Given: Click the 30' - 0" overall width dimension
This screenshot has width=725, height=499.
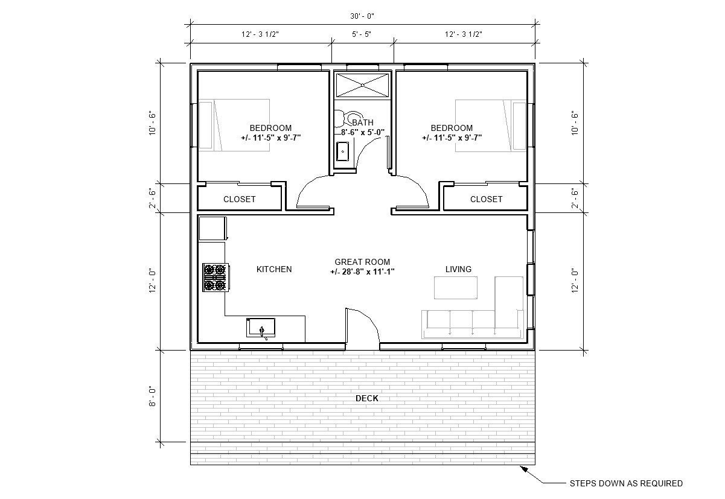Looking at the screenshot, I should (x=362, y=16).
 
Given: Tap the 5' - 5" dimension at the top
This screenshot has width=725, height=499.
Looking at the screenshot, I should (x=362, y=34).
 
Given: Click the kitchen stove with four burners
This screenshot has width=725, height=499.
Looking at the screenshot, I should (x=214, y=277).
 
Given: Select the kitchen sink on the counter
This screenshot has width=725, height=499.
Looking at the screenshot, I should (x=261, y=327).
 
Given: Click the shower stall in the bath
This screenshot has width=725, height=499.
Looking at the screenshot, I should (x=363, y=84).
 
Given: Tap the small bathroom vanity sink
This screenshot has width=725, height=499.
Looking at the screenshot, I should (x=342, y=151).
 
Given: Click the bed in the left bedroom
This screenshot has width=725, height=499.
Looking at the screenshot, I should (x=234, y=124).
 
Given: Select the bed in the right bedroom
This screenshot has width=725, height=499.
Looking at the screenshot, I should (x=490, y=124).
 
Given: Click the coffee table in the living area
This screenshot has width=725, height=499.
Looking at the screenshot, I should (x=456, y=287).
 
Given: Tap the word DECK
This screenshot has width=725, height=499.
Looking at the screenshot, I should (x=366, y=398).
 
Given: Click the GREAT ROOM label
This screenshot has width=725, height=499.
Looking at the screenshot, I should (x=362, y=262).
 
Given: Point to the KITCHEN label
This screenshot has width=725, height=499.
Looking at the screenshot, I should (x=274, y=269).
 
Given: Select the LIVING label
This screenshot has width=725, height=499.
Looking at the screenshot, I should (x=458, y=269).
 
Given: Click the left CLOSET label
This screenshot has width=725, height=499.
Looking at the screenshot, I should (x=240, y=199).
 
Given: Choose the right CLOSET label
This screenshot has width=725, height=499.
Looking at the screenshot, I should (x=486, y=199).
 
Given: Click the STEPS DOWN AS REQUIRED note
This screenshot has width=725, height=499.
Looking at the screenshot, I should (x=626, y=483).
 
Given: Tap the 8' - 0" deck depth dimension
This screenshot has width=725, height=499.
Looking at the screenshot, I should (x=153, y=396).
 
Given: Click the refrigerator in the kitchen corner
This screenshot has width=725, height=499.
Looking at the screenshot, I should (x=212, y=229).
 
